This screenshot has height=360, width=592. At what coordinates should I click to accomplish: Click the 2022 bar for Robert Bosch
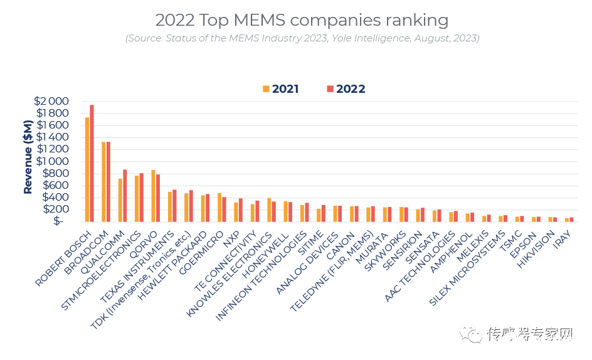tap(92, 163)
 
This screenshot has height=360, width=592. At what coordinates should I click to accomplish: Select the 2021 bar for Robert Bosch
tap(87, 169)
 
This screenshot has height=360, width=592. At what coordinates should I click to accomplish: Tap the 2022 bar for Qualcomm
tap(125, 195)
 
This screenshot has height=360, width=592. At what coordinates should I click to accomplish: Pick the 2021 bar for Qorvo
tap(153, 195)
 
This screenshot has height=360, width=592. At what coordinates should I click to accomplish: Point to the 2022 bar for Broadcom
tap(108, 181)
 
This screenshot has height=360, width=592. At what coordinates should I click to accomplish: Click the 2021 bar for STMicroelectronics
tap(137, 198)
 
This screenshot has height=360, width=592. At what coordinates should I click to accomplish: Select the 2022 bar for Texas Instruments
tap(174, 205)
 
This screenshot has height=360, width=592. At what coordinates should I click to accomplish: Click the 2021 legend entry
tap(281, 89)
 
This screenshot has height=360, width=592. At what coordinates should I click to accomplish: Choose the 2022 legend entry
tap(346, 89)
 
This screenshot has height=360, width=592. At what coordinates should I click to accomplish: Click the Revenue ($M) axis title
tap(28, 161)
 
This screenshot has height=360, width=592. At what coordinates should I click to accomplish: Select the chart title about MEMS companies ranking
tap(302, 20)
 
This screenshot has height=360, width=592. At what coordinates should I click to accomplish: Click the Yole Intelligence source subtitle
tap(302, 38)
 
